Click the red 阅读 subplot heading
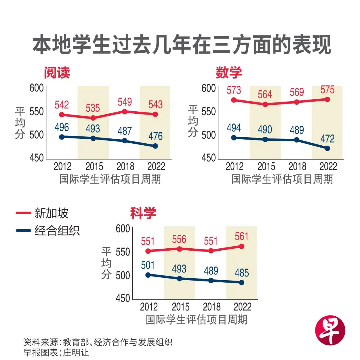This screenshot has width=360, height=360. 57,73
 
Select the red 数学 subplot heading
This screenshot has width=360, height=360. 229,73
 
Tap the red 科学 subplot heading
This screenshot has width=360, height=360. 143,213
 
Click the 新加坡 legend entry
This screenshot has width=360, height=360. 51,213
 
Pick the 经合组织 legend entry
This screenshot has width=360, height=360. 57,231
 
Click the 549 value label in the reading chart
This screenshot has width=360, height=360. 125,102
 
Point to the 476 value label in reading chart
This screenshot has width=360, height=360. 155,136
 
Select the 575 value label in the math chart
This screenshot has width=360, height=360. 327,90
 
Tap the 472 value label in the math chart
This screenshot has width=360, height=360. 327,139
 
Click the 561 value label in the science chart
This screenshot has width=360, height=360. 241,237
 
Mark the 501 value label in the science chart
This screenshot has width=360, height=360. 148,265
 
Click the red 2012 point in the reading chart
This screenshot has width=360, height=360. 62,115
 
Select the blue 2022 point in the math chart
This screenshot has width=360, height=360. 327,148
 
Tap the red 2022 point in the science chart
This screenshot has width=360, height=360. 241,246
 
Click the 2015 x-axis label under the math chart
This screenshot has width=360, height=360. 266,167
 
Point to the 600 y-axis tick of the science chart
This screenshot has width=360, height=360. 123,229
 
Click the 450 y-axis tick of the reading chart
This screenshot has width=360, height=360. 37,158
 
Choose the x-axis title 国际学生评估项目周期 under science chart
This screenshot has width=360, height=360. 196,320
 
